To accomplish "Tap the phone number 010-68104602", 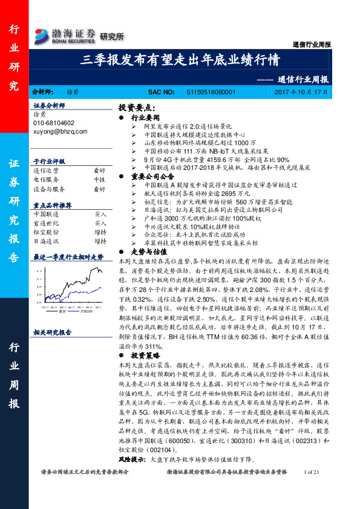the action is click(54, 122).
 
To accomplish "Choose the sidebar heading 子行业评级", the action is click(48, 161).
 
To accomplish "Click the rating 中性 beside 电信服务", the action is click(100, 180).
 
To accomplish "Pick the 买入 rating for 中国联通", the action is click(100, 214).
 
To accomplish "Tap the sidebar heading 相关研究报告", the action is click(53, 332).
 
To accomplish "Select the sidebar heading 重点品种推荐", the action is click(53, 205).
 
